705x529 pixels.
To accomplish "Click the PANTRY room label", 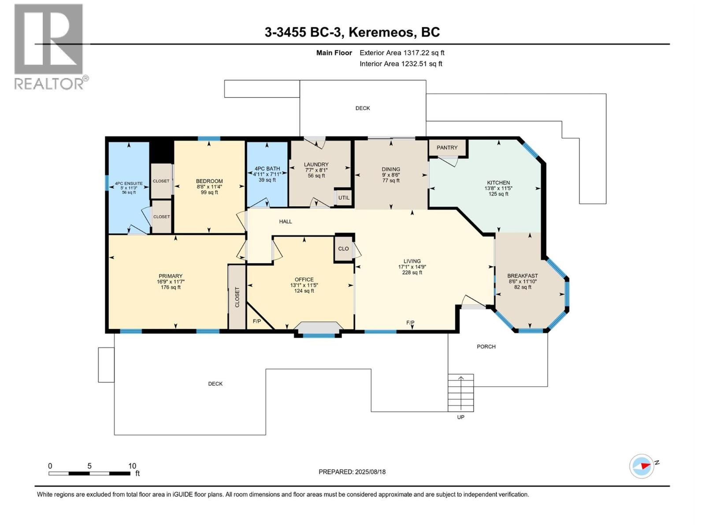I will [447, 148].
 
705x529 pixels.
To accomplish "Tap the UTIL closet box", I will [344, 197].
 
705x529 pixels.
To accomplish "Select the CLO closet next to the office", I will [343, 249].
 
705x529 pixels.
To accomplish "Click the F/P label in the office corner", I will [257, 321].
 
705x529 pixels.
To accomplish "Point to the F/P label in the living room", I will [410, 323].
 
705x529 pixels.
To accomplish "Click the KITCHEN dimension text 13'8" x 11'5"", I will [498, 188].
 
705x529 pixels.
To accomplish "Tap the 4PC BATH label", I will [267, 168].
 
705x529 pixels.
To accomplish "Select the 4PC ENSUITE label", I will [129, 183].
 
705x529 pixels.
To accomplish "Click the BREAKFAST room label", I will [523, 276].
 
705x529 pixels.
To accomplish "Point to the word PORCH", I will [486, 346].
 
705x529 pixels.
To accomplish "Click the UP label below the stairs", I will [460, 417].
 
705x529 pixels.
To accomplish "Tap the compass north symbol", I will [642, 466].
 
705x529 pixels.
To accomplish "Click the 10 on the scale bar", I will [132, 466].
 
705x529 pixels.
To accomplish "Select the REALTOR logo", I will [49, 46].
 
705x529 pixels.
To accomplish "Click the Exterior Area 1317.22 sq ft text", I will [402, 53].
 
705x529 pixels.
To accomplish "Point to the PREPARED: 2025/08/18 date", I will [352, 472].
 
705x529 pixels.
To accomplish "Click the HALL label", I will [286, 222].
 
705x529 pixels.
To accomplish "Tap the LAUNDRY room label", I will [316, 164].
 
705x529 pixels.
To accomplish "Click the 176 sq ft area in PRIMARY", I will [171, 287].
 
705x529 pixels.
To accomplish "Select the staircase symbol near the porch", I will [461, 392].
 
